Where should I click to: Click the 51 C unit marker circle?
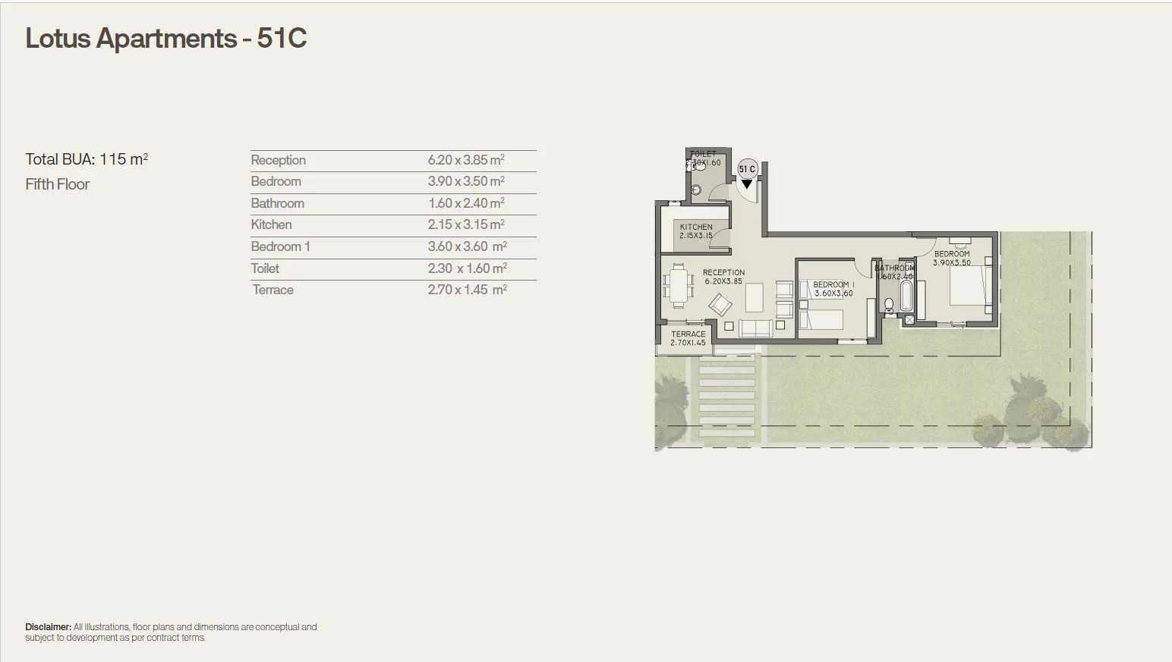(747, 169)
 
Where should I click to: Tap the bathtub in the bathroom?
(906, 296)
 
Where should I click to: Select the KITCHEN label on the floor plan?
(696, 227)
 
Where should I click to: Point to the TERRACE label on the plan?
(688, 334)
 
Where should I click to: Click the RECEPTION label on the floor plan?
(723, 272)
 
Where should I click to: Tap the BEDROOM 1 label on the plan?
(833, 284)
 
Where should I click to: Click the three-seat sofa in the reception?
(755, 328)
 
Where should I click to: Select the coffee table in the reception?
(754, 297)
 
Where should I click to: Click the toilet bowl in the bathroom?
(889, 306)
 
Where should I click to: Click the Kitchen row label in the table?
(271, 224)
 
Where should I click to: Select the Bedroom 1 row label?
(280, 246)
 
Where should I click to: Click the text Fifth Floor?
(58, 184)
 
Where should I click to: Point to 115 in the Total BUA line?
(112, 159)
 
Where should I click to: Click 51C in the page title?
(282, 38)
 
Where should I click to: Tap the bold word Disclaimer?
(48, 627)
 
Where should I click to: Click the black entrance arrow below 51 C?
(747, 184)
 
